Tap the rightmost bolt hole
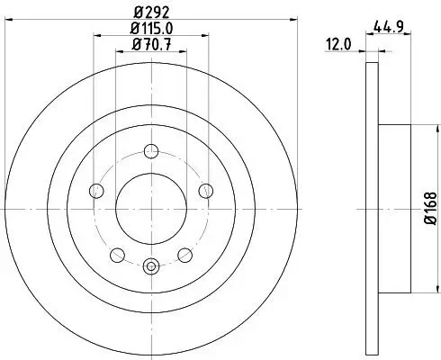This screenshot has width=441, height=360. (206, 189)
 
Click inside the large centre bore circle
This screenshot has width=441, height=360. (151, 207)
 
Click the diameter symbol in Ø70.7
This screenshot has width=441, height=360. (135, 50)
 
